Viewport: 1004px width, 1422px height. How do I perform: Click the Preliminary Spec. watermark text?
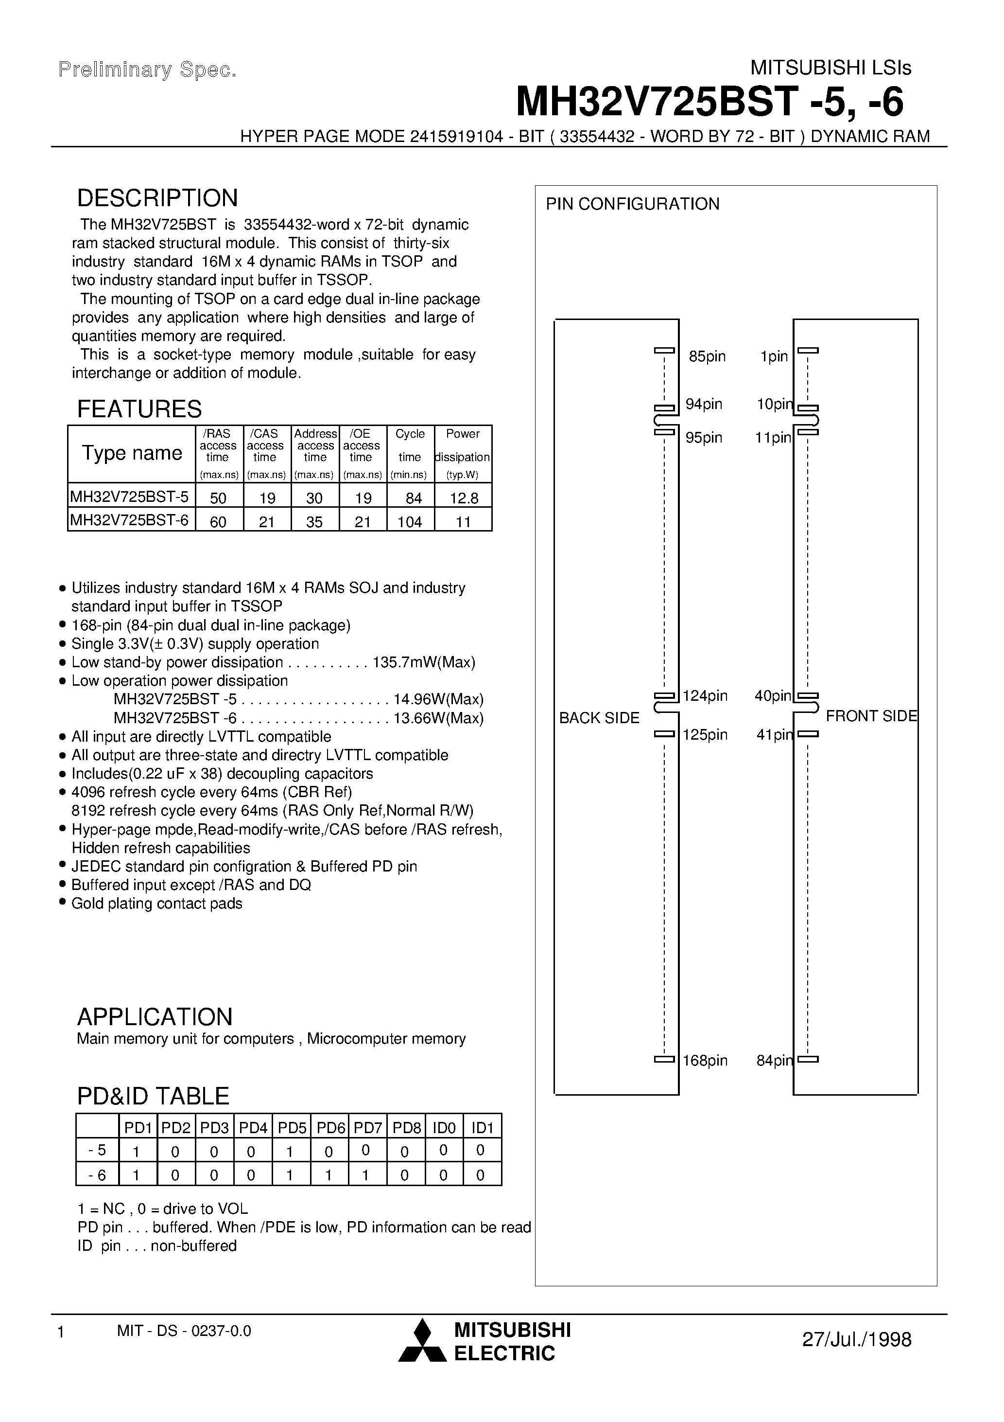coord(147,70)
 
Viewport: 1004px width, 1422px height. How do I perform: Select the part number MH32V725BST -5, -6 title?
coord(710,102)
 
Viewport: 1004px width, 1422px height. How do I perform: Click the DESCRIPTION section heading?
coord(157,198)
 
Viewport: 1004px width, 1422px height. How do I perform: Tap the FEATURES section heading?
coord(139,409)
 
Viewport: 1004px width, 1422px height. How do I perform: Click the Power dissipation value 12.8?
coord(463,498)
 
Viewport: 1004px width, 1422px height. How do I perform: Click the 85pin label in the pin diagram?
coord(707,357)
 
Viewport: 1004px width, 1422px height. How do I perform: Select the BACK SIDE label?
coord(599,718)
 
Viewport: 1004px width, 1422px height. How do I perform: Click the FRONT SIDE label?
coord(871,716)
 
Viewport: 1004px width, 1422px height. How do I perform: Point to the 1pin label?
coord(774,357)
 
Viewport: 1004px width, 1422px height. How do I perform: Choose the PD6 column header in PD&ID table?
coord(330,1128)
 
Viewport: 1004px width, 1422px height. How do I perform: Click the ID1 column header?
coord(482,1128)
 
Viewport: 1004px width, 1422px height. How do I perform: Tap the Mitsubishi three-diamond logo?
coord(422,1341)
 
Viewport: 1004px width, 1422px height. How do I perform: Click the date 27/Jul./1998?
coord(856,1340)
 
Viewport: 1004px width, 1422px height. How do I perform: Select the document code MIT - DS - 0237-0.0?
coord(184,1331)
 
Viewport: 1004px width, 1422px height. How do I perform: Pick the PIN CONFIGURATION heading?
coord(632,204)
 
